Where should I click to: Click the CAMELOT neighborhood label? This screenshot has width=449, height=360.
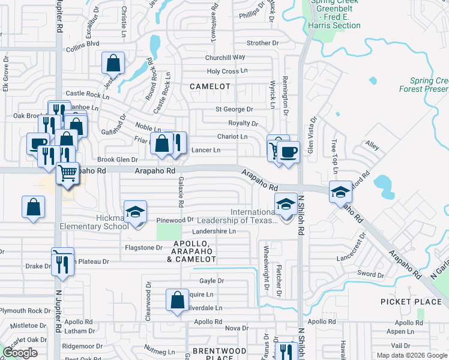210,86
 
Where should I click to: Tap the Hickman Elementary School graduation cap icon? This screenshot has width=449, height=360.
136,213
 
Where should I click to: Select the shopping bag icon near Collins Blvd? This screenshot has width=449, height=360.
113,63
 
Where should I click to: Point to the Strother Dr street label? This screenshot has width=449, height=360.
263,43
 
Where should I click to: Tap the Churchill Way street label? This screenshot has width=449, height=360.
225,57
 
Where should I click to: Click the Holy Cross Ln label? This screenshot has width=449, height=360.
227,71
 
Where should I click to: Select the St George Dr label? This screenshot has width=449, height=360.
234,109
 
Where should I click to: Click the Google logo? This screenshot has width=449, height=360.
20,353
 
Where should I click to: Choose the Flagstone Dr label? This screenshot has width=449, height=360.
143,247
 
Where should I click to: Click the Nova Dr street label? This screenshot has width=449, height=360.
237,328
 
